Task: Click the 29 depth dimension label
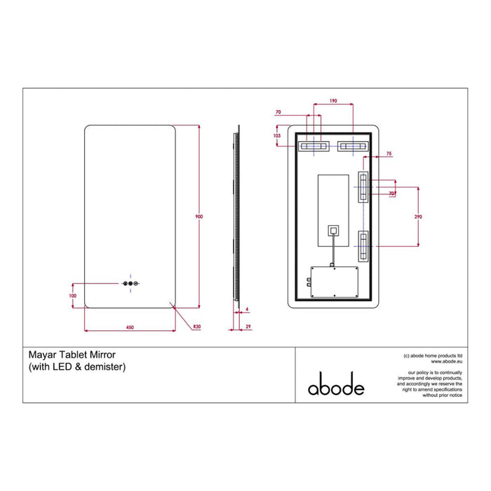coord(248,325)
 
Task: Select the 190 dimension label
coord(334,102)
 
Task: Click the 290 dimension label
coord(418,217)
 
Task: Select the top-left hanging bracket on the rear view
coord(313,147)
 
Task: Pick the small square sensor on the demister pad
coord(332,229)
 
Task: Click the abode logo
coord(336,386)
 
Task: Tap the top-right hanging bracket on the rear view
coord(352,147)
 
